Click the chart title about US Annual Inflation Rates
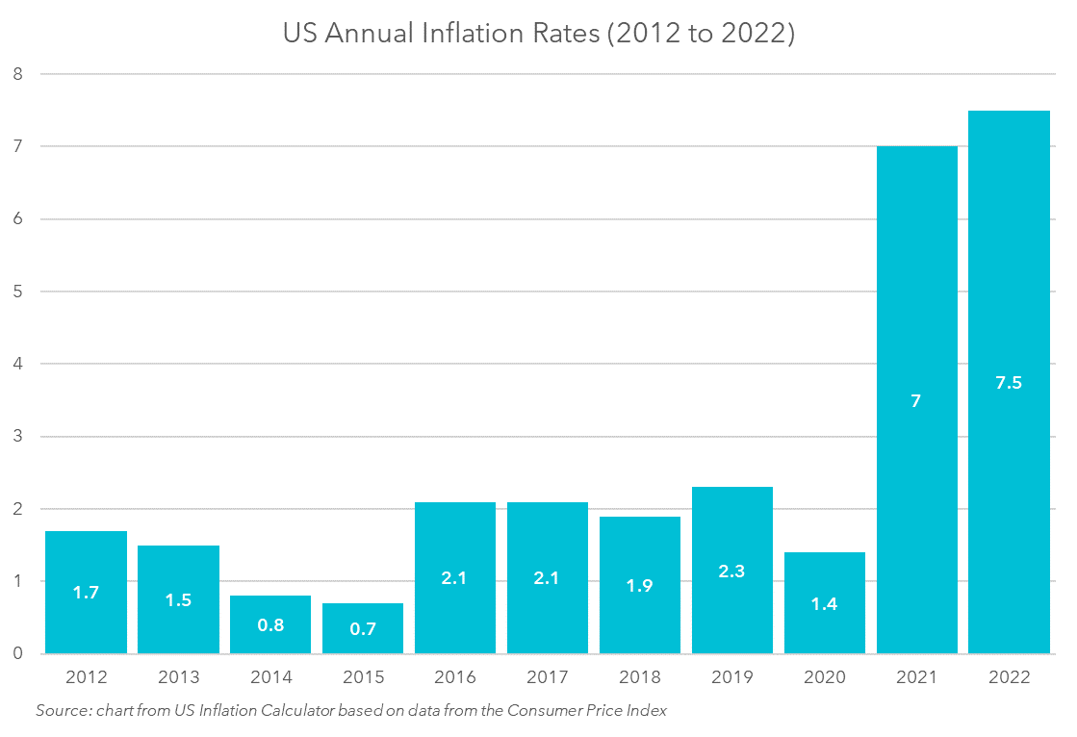[538, 34]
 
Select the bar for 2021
[916, 289]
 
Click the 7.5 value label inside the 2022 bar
[1009, 382]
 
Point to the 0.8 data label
[270, 624]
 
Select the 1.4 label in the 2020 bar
[825, 604]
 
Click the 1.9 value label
[640, 585]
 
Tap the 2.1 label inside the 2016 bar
[455, 578]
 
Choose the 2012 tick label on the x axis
[86, 677]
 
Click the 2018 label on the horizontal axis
[640, 677]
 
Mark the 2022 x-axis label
[1009, 677]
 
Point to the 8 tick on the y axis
[17, 74]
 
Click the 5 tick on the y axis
[17, 292]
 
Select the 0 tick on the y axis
[17, 654]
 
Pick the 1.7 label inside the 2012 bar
[86, 593]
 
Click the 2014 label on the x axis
[270, 677]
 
